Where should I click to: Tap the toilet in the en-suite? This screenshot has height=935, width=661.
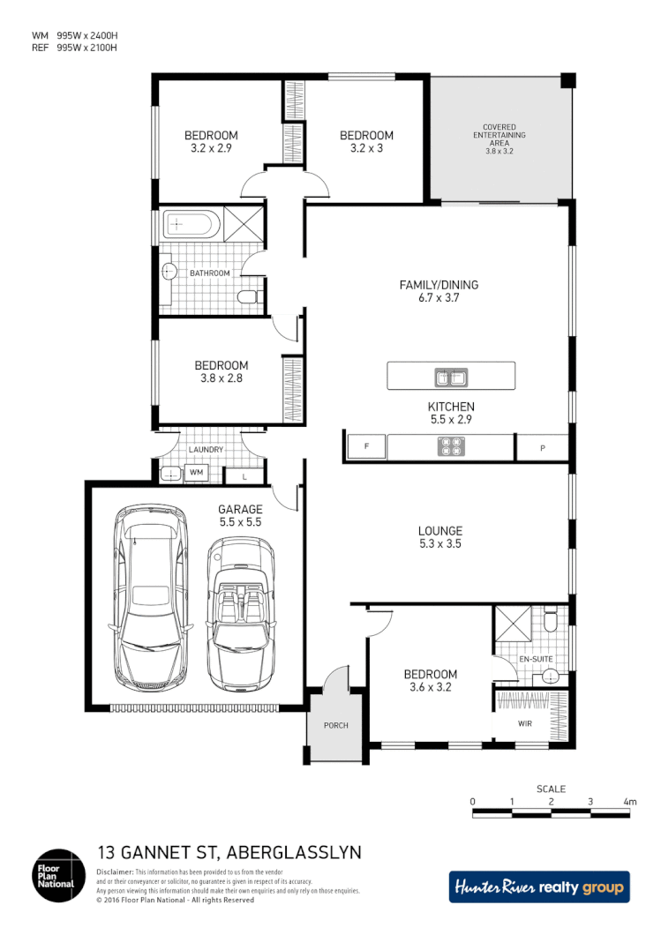point(551,621)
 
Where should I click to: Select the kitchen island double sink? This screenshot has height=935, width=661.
point(450,378)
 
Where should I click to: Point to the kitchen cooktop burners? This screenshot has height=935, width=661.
point(450,448)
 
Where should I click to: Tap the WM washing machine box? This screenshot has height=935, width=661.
point(196,474)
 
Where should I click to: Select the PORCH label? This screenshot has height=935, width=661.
point(335,726)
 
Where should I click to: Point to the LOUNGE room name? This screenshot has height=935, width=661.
point(440,531)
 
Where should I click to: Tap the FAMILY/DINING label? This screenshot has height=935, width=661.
point(439,285)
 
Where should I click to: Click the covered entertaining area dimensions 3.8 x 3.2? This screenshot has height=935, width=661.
point(499,152)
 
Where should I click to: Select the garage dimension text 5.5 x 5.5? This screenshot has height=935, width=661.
point(240,522)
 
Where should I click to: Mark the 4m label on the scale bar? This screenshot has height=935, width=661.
point(629,802)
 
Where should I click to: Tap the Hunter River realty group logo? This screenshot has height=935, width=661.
point(539,887)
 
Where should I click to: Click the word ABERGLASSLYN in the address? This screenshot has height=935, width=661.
point(294,853)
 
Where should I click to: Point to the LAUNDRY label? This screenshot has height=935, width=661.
point(206,450)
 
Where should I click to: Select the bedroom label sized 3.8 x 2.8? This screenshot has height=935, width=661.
point(222,378)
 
